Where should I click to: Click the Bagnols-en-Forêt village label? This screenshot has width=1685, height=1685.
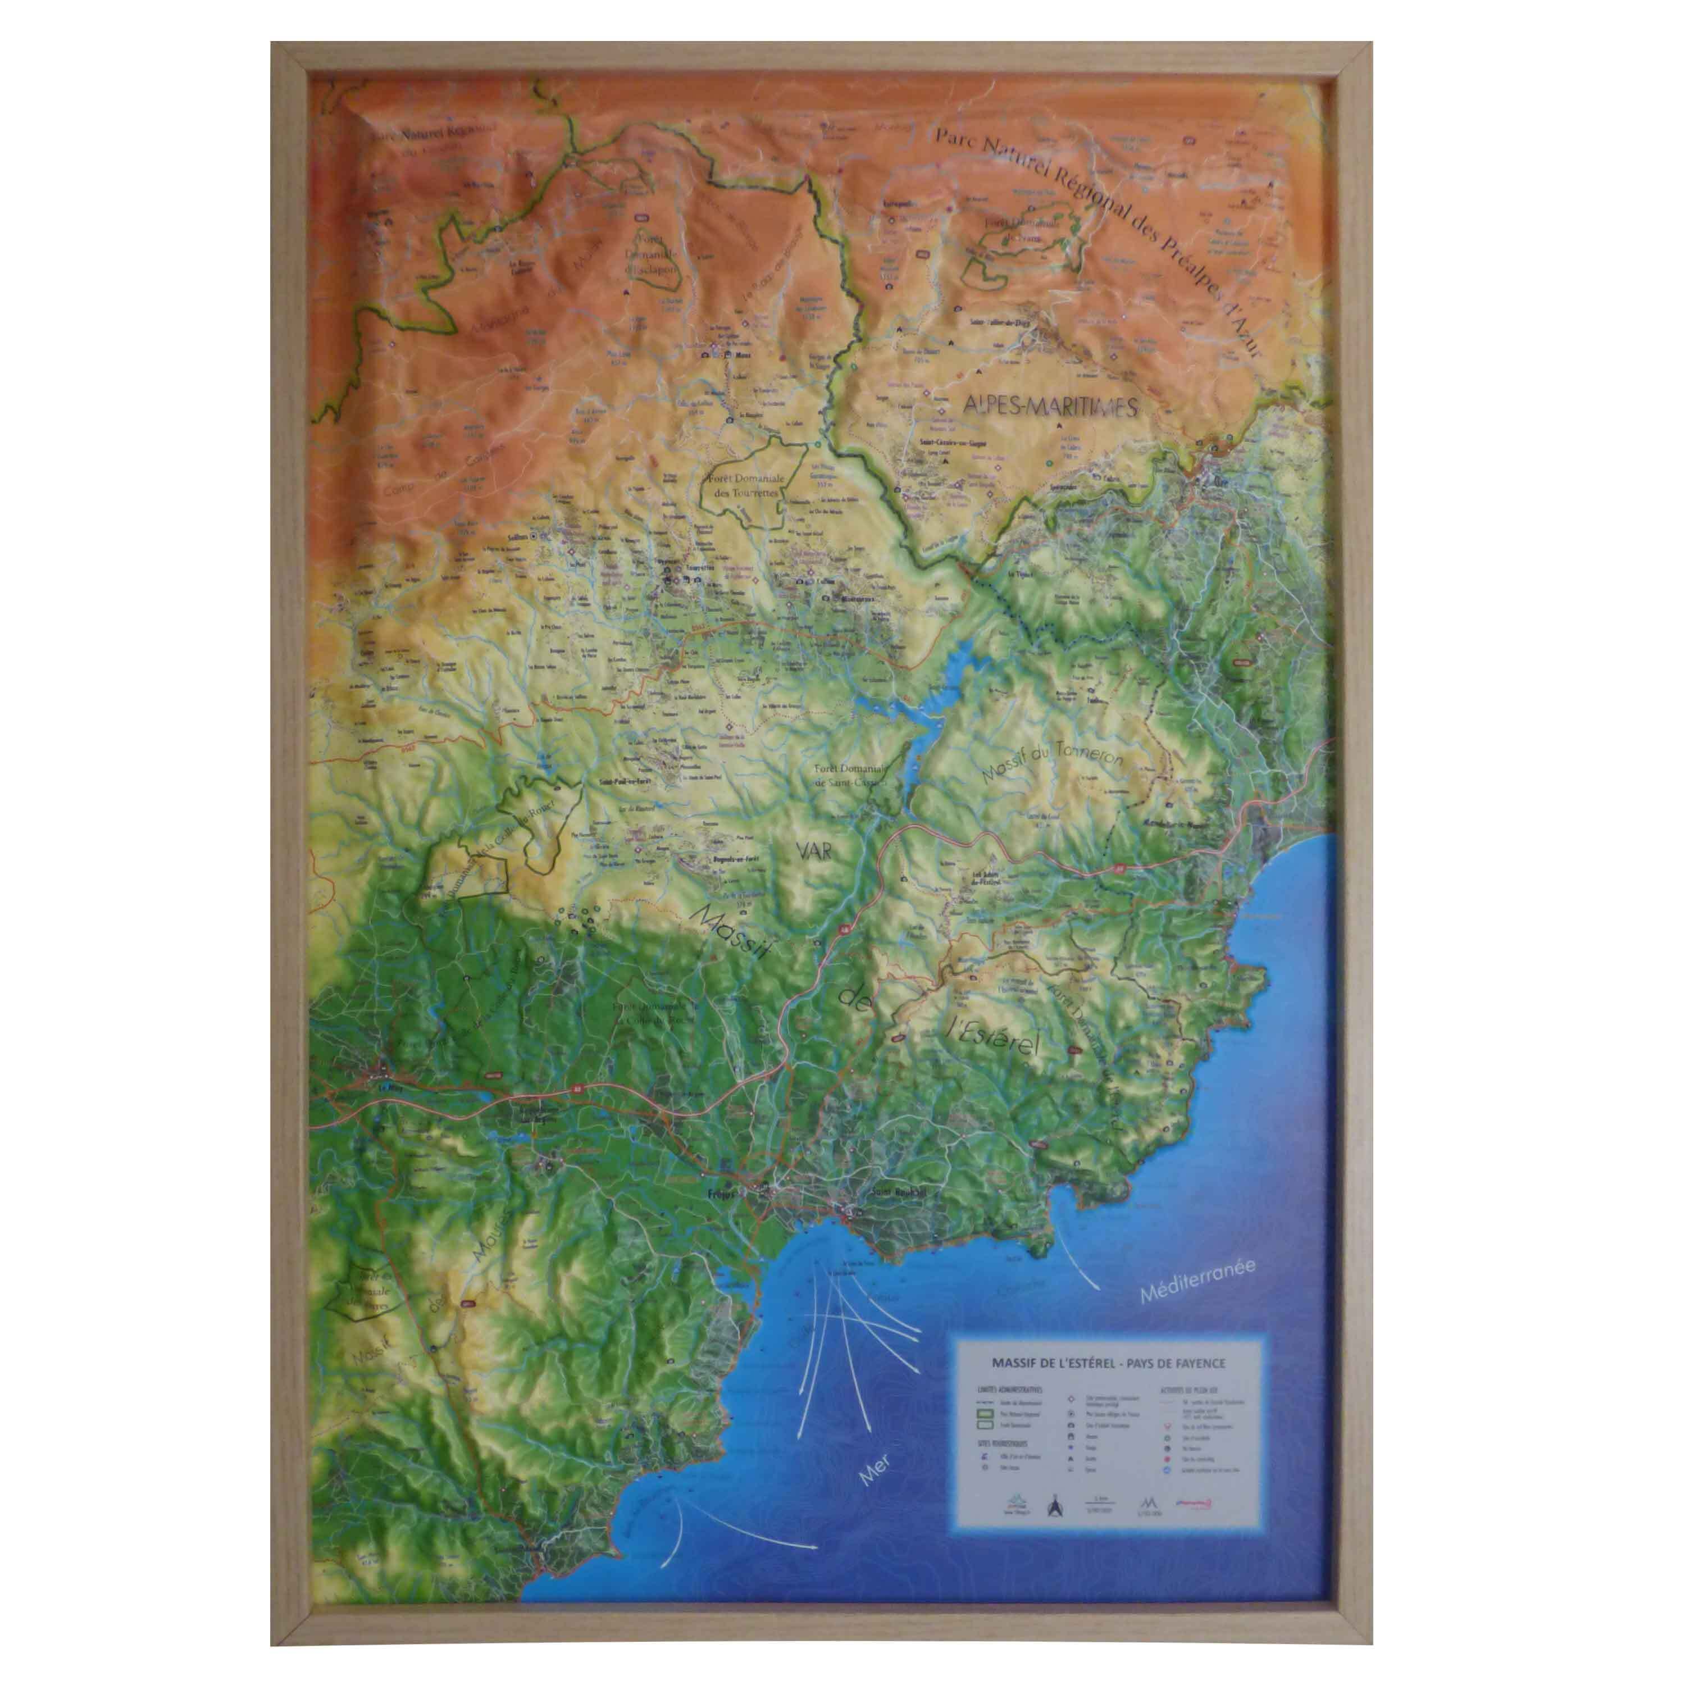pos(715,861)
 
